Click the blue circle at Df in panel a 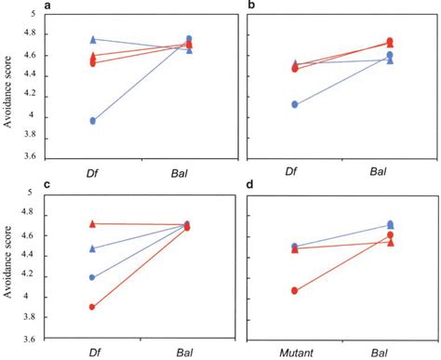[x=92, y=121]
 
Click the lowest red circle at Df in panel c [x=92, y=306]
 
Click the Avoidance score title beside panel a [x=8, y=84]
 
